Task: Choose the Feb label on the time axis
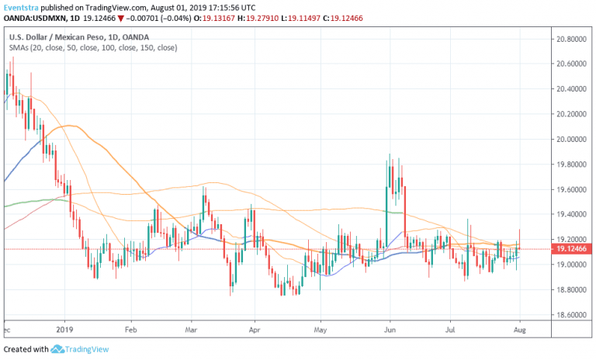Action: pos(130,330)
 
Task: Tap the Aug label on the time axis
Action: pos(518,330)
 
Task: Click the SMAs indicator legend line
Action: pos(92,48)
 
